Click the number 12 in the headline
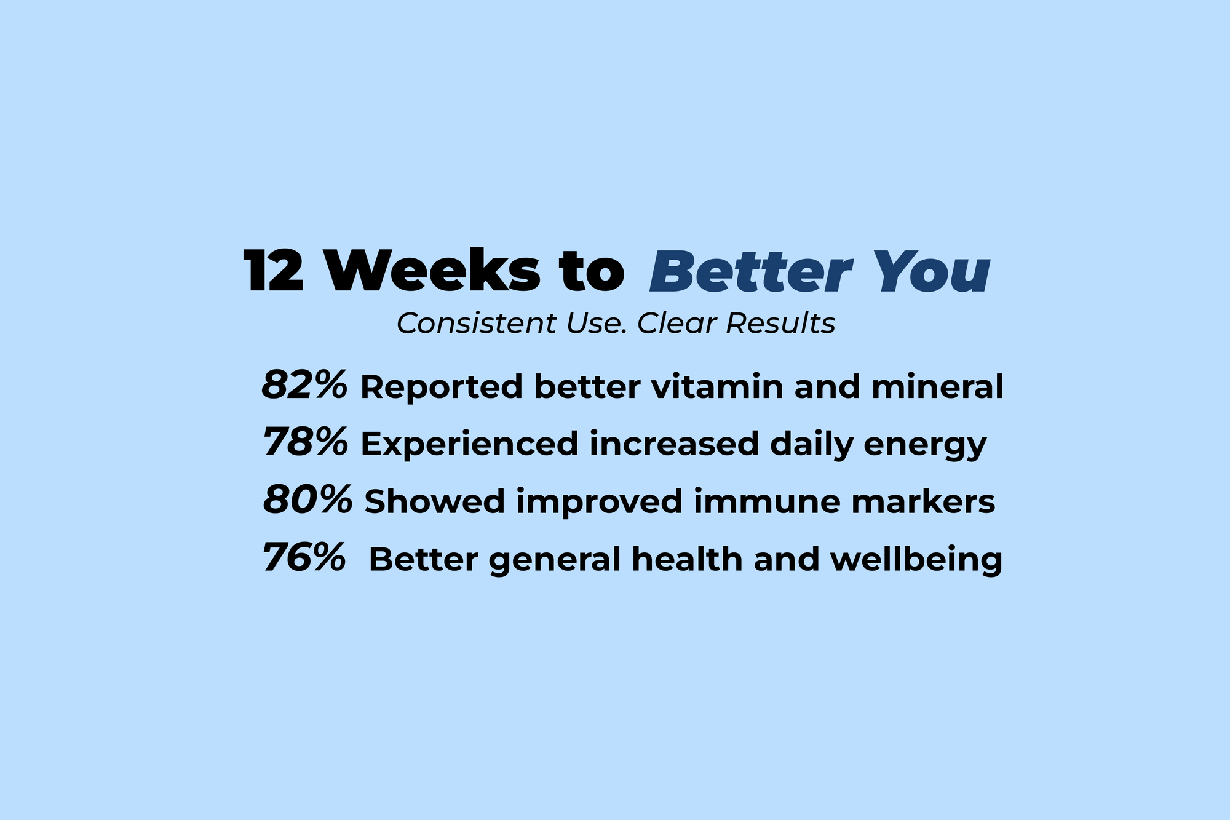click(274, 271)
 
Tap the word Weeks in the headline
click(433, 271)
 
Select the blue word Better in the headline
click(750, 271)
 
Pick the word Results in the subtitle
click(780, 324)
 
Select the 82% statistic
click(304, 386)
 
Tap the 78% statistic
click(305, 442)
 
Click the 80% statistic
click(307, 500)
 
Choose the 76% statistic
click(304, 557)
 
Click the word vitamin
click(717, 387)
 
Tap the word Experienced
click(469, 444)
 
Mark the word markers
click(922, 501)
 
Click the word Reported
click(440, 388)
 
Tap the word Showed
click(434, 501)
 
